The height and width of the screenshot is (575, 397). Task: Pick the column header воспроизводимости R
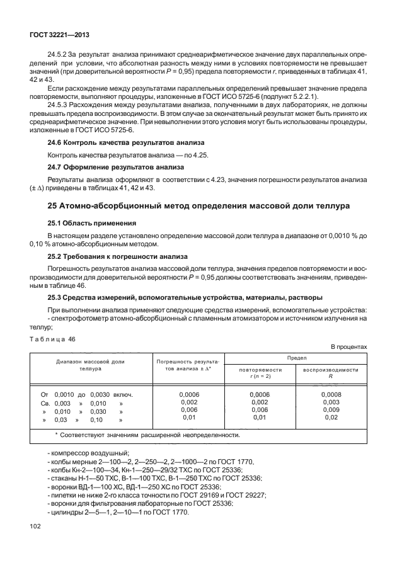pos(330,373)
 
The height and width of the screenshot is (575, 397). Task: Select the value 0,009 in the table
pos(330,409)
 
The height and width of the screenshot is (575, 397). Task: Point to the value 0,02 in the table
pos(330,418)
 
